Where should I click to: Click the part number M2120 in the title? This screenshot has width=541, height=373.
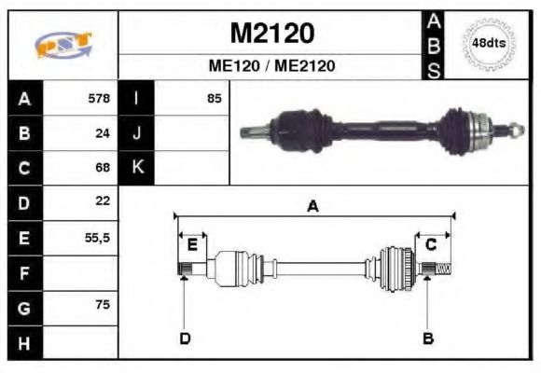point(271,33)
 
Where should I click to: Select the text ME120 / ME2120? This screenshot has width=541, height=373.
point(271,66)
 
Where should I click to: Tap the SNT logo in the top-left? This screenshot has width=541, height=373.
point(63,45)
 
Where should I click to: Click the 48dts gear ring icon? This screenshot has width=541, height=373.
point(489,43)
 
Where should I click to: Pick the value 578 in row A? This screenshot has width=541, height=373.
point(98,98)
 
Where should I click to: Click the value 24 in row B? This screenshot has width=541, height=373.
point(103,133)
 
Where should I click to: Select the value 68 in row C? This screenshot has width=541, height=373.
point(103,168)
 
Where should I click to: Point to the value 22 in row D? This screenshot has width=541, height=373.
point(103,201)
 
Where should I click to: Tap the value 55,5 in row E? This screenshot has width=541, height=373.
point(97,238)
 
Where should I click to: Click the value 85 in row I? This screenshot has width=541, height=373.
point(215,98)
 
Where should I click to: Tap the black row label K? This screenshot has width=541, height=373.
point(136,168)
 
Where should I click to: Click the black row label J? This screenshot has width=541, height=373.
point(136,133)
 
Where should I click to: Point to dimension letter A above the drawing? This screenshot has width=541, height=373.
point(313,207)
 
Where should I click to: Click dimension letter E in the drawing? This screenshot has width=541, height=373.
point(192,245)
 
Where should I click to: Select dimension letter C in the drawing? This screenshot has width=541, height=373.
point(431,245)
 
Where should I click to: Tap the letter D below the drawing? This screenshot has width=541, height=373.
point(185,338)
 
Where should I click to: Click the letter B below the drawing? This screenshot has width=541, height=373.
point(428,338)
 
